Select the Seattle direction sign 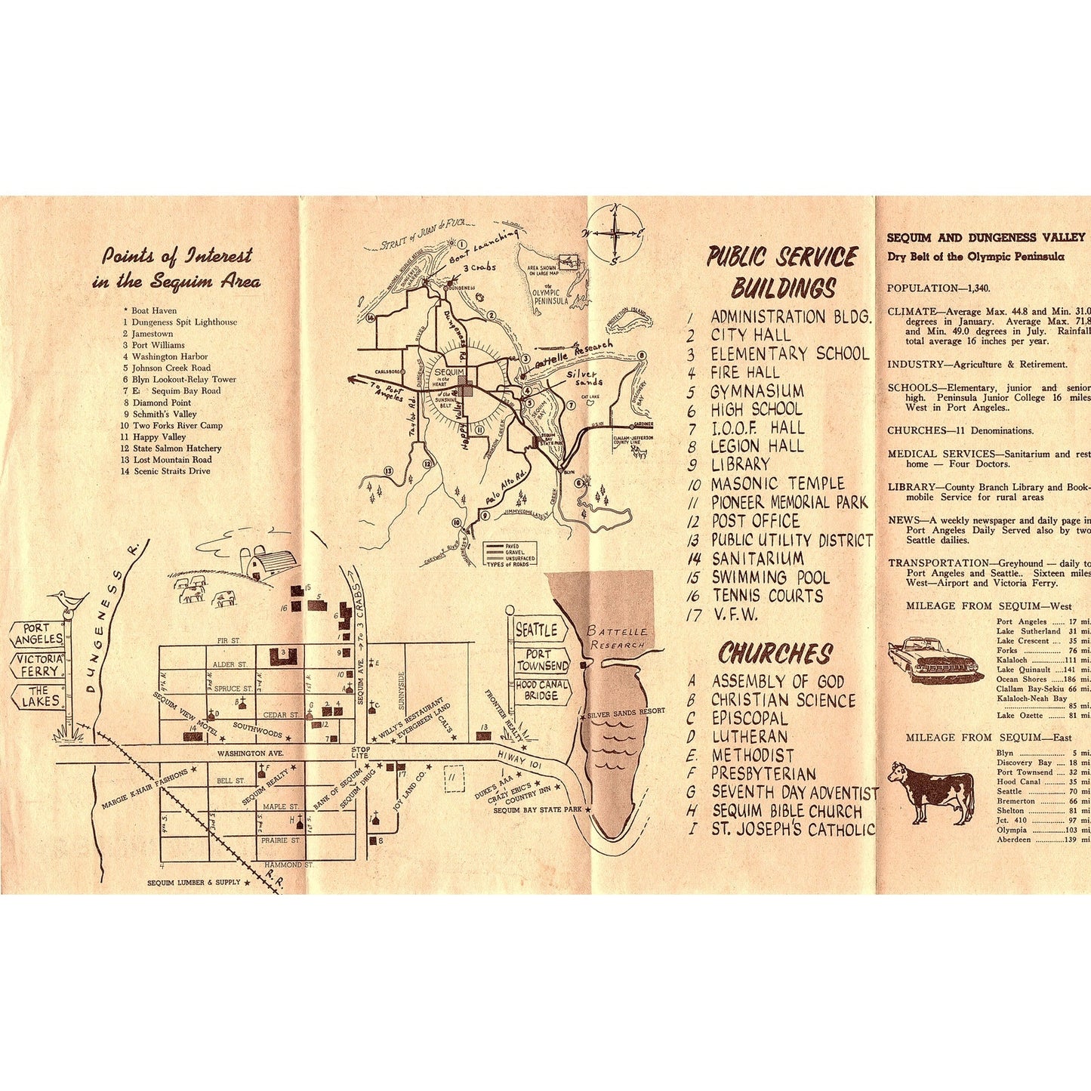click(536, 629)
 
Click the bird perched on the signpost click(69, 599)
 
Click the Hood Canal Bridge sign click(541, 690)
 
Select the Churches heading click(775, 653)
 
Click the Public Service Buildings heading click(782, 273)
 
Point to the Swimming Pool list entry click(769, 578)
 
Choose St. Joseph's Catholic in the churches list click(792, 829)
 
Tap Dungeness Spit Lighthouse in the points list click(184, 322)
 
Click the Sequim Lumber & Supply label click(194, 883)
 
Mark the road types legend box click(511, 554)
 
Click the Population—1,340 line click(938, 288)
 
